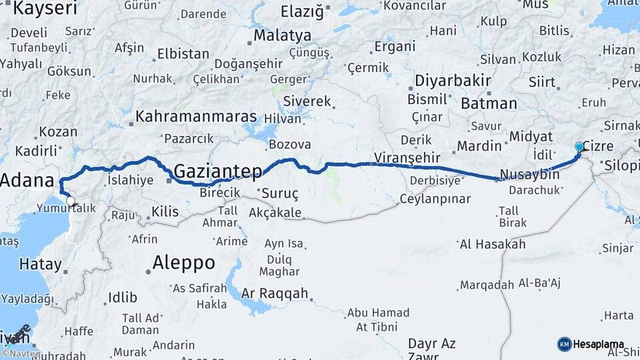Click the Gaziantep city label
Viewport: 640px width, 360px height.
[x=218, y=171]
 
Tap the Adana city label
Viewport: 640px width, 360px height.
[x=27, y=181]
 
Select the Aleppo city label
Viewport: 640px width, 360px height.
[x=183, y=263]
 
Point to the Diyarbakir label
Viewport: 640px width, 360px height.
[x=453, y=81]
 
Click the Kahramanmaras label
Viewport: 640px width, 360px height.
[x=196, y=117]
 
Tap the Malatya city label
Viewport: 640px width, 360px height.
[x=283, y=35]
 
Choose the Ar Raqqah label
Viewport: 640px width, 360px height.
[x=275, y=293]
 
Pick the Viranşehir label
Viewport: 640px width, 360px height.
[x=407, y=158]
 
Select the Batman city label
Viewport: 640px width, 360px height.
[x=489, y=103]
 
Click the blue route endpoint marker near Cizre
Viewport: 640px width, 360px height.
[x=579, y=147]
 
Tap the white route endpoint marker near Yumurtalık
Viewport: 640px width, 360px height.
[x=70, y=200]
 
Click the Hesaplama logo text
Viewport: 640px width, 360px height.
[x=599, y=344]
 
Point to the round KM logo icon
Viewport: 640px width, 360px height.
[x=564, y=344]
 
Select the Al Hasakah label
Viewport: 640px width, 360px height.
[x=493, y=245]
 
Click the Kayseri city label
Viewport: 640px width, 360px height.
[x=45, y=9]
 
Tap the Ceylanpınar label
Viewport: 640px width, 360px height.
[x=435, y=199]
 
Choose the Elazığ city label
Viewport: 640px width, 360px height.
[x=301, y=11]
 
